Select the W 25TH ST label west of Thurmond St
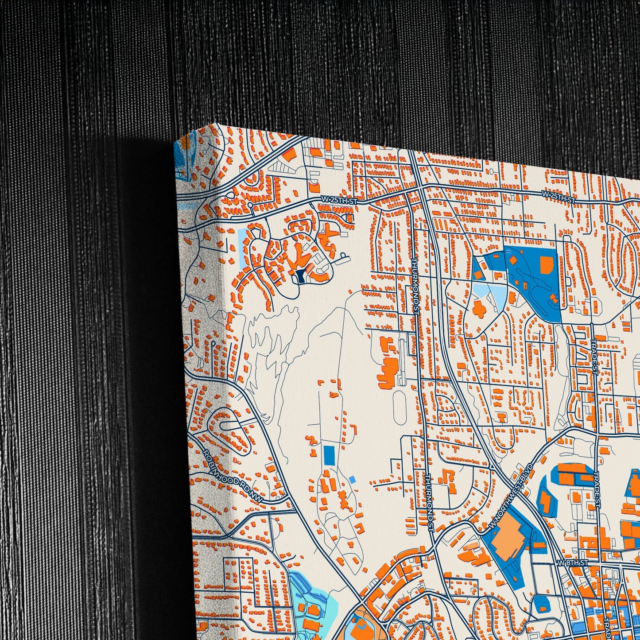point(340,201)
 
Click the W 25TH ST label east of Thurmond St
point(558,194)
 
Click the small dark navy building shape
point(301,276)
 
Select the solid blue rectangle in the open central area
point(330,455)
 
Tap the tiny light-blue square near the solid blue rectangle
point(352,479)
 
